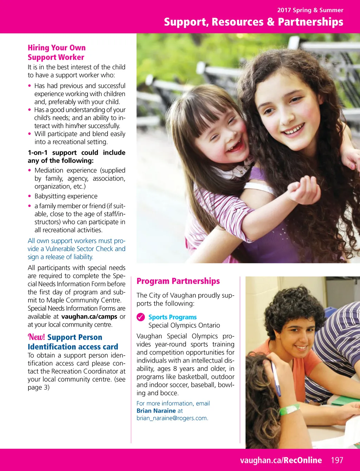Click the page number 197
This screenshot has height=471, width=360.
[337, 460]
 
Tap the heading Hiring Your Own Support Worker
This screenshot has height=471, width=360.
[56, 52]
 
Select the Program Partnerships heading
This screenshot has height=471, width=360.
[178, 281]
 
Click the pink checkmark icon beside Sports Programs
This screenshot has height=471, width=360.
[141, 317]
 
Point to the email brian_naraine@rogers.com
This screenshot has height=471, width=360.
[172, 418]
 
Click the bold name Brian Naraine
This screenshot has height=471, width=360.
[156, 410]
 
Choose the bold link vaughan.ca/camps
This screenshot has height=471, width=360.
[89, 316]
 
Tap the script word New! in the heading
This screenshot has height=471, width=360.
[36, 337]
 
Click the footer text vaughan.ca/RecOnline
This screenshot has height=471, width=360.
[281, 460]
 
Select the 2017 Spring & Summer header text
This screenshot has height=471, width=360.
[310, 10]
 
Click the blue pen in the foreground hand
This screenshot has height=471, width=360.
[276, 378]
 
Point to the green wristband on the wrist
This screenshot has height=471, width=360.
[289, 409]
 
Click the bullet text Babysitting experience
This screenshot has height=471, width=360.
[66, 196]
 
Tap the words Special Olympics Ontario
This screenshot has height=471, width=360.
[184, 325]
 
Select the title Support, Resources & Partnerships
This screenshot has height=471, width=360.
[253, 22]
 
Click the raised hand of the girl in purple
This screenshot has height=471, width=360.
[303, 190]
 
